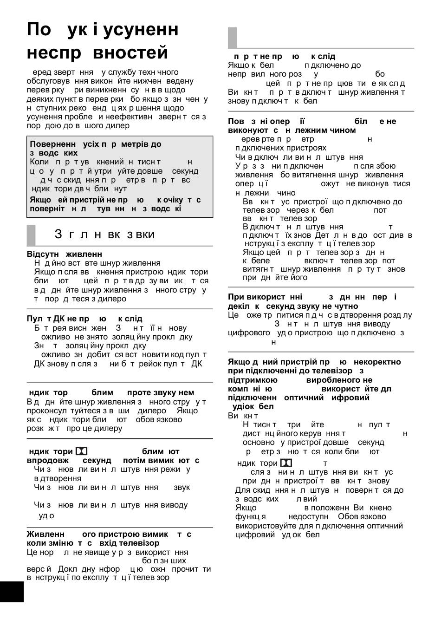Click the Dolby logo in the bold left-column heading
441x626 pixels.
click(x=81, y=451)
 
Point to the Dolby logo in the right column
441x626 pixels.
click(x=286, y=463)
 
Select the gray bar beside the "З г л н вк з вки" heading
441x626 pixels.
click(x=31, y=235)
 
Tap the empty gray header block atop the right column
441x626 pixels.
click(x=232, y=38)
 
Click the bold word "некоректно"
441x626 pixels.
click(x=377, y=362)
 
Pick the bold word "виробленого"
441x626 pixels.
click(x=332, y=380)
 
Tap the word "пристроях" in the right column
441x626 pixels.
click(x=304, y=148)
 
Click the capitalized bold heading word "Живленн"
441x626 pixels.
click(x=45, y=534)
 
